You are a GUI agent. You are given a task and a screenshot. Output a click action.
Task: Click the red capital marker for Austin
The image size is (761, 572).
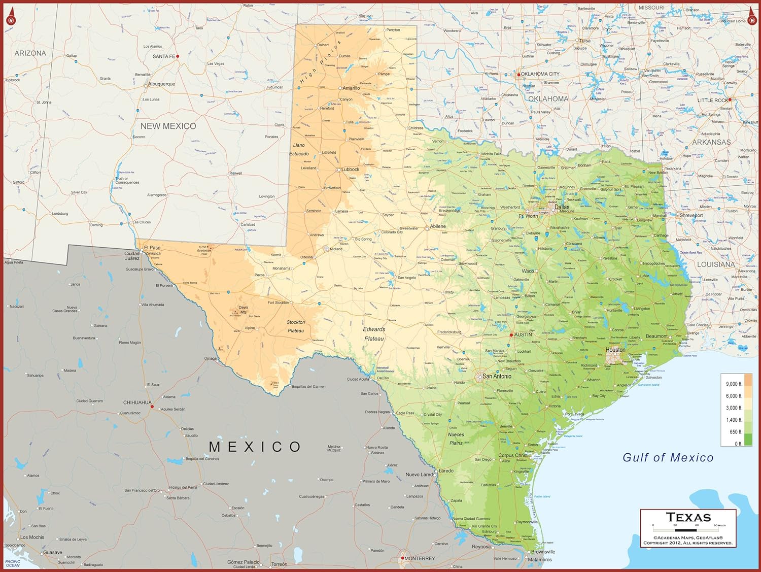[x=511, y=335]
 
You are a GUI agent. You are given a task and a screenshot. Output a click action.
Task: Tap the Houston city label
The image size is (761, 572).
[x=615, y=350]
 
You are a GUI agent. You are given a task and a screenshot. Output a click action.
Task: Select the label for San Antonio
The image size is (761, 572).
[x=497, y=376]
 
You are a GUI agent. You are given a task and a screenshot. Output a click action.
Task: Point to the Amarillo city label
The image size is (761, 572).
[x=351, y=88]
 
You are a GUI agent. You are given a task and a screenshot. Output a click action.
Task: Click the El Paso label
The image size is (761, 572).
[x=152, y=248]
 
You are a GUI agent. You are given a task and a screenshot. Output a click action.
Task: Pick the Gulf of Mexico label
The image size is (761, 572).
[x=668, y=457]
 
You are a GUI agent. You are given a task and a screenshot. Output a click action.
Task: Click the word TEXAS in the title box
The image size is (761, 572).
[x=688, y=517]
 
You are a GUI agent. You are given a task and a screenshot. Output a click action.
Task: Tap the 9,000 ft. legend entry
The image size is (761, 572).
[x=734, y=384]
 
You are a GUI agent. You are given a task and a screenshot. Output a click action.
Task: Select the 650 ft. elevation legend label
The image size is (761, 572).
[x=736, y=432]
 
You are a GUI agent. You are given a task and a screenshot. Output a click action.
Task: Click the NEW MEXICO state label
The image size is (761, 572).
[x=168, y=126]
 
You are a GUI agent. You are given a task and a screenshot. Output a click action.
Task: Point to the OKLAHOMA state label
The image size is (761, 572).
[x=548, y=99]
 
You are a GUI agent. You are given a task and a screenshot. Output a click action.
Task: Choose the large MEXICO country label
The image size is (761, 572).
[x=255, y=447]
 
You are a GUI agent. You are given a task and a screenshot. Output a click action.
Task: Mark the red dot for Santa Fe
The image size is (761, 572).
[x=178, y=56]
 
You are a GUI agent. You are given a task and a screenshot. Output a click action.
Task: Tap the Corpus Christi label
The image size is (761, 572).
[x=513, y=455]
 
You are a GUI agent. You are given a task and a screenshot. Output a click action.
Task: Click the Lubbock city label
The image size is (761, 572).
[x=350, y=170]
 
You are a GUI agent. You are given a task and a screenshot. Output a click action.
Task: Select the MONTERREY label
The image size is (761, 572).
[x=420, y=558]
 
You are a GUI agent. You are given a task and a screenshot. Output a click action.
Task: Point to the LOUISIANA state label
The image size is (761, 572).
[x=715, y=264]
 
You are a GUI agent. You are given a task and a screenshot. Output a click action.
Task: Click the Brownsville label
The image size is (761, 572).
[x=543, y=552]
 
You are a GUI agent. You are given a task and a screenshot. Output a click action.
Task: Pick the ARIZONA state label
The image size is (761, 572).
[x=30, y=53]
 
